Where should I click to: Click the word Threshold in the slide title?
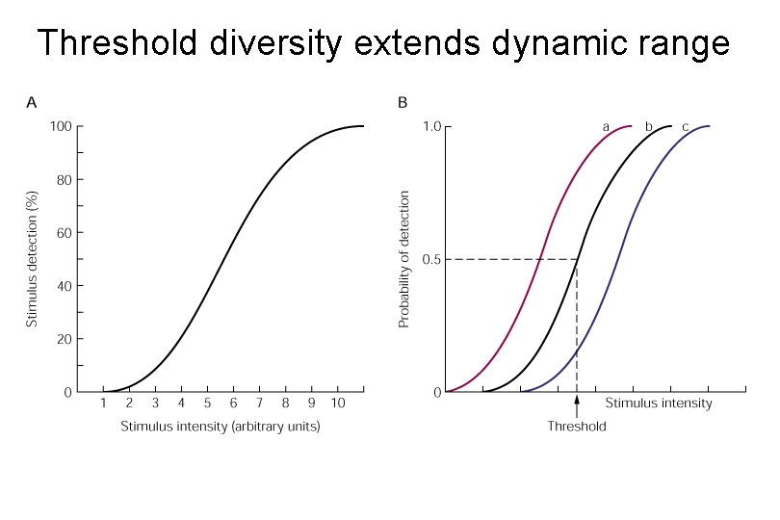(x=117, y=42)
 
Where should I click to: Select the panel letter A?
(x=32, y=103)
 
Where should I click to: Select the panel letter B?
(x=403, y=103)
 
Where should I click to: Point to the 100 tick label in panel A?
(x=61, y=126)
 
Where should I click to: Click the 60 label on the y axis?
(x=65, y=233)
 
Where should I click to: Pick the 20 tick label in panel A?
(x=65, y=339)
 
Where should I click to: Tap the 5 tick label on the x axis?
(x=207, y=403)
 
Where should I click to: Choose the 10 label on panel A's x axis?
(x=338, y=403)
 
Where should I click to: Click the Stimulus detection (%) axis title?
(x=32, y=259)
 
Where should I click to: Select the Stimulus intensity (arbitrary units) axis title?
(x=221, y=427)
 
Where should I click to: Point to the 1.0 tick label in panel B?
(x=432, y=126)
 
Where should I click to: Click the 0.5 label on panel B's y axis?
(x=432, y=260)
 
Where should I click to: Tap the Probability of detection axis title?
(x=403, y=259)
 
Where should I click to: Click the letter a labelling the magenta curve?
(x=606, y=127)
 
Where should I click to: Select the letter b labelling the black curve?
(x=648, y=126)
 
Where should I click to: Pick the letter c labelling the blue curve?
(x=685, y=127)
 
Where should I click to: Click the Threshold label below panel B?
(x=577, y=427)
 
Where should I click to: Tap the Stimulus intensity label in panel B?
(x=659, y=403)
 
